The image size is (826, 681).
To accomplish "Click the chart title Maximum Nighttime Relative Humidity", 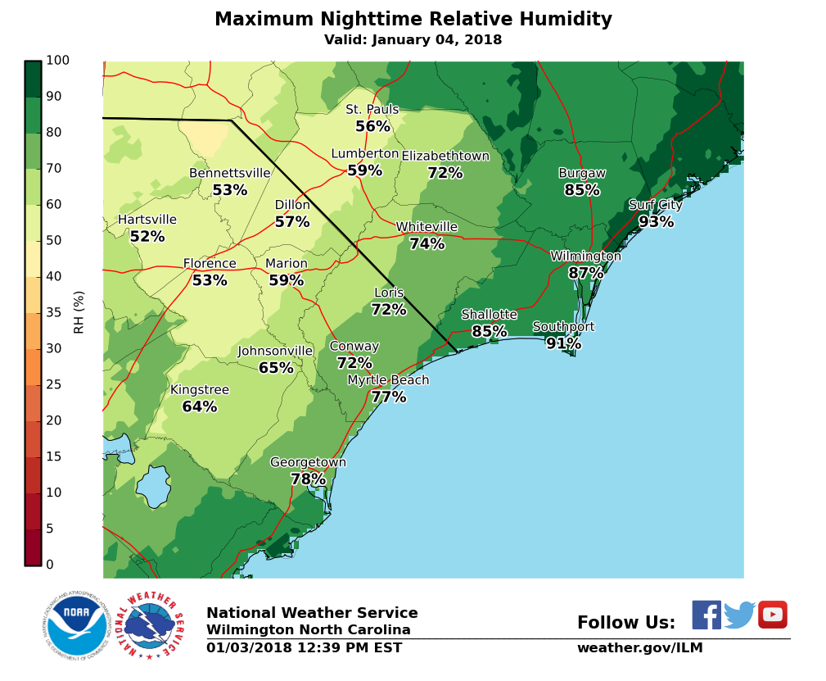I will (x=413, y=20).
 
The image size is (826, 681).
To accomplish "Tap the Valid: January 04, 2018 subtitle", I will (x=413, y=40).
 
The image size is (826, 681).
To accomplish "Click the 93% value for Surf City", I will (x=656, y=222).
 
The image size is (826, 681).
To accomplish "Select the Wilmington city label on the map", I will (x=585, y=257).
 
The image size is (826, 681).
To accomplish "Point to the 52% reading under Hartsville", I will (x=147, y=237).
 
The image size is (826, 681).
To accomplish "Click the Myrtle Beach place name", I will (x=388, y=380).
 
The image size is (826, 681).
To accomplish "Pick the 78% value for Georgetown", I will (x=308, y=479).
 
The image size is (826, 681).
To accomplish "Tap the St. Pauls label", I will (x=372, y=110).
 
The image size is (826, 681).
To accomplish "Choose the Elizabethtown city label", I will (x=445, y=157).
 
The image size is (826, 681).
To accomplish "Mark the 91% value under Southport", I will (x=563, y=344).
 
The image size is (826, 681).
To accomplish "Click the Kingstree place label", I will (x=200, y=390).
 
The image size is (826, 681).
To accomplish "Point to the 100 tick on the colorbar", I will (x=58, y=61).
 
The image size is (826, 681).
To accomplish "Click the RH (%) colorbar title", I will (x=79, y=312).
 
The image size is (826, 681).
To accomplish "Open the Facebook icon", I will (x=706, y=615).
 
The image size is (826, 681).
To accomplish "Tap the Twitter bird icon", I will (x=739, y=615).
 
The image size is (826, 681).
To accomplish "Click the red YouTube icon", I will (x=772, y=615).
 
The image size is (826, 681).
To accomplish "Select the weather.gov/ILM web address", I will (x=639, y=648).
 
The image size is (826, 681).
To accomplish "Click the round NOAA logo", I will (x=77, y=626).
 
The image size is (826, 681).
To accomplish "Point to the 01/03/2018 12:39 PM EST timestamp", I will (x=304, y=648).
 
